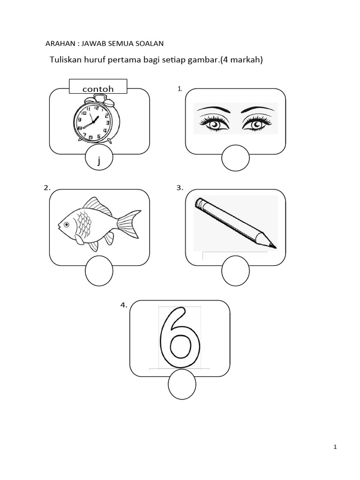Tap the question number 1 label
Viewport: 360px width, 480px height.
click(180, 89)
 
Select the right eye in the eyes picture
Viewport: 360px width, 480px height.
click(257, 124)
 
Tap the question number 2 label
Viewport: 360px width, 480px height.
click(47, 188)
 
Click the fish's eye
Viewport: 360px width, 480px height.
click(67, 225)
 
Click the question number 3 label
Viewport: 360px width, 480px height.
click(179, 188)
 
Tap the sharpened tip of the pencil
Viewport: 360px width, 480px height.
click(274, 246)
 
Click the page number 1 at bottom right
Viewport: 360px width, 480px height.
click(335, 447)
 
